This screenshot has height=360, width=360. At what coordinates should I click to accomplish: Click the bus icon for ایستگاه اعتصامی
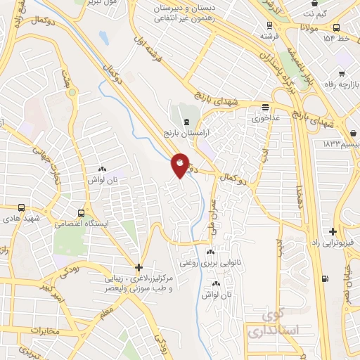coord(83,212)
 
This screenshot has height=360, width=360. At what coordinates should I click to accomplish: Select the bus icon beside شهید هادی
coord(21,208)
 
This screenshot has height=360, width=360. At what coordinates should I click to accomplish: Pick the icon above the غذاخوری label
coord(265,108)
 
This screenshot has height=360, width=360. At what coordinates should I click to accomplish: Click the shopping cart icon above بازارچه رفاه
coord(342,73)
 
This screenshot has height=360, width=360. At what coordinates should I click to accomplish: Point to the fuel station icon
coord(324,278)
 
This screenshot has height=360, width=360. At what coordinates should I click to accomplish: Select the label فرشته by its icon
coord(269,34)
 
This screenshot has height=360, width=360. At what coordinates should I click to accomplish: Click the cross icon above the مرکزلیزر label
coord(139,267)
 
